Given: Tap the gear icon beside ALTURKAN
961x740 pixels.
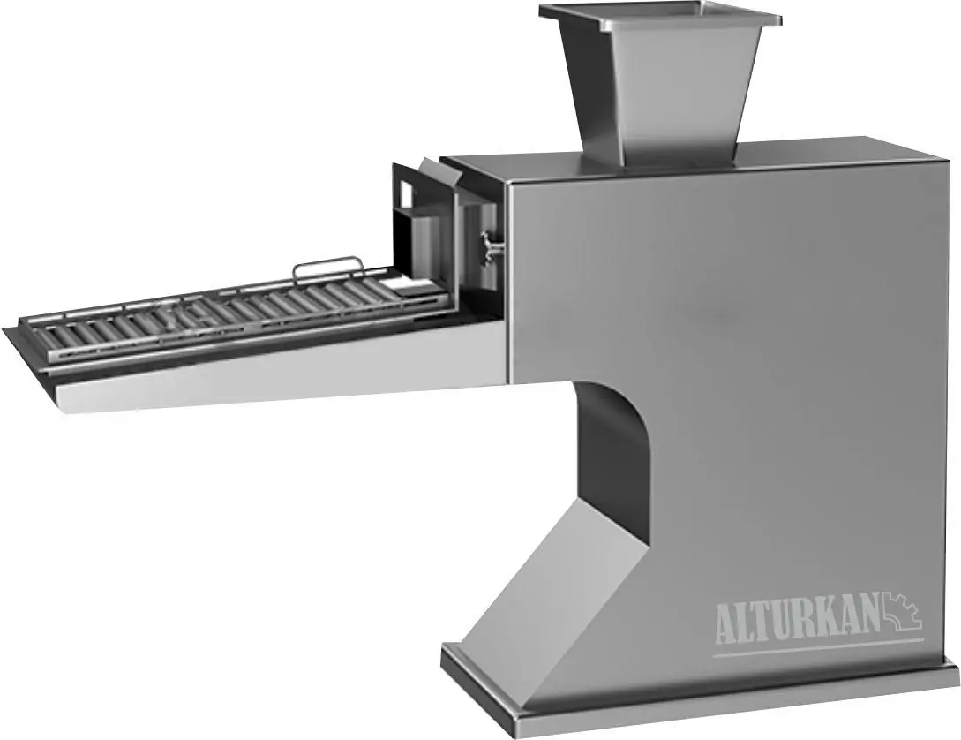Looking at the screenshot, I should pos(900,613).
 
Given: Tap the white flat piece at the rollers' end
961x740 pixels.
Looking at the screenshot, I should pos(408,285).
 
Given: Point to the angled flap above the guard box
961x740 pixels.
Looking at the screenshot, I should pos(438,173).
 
